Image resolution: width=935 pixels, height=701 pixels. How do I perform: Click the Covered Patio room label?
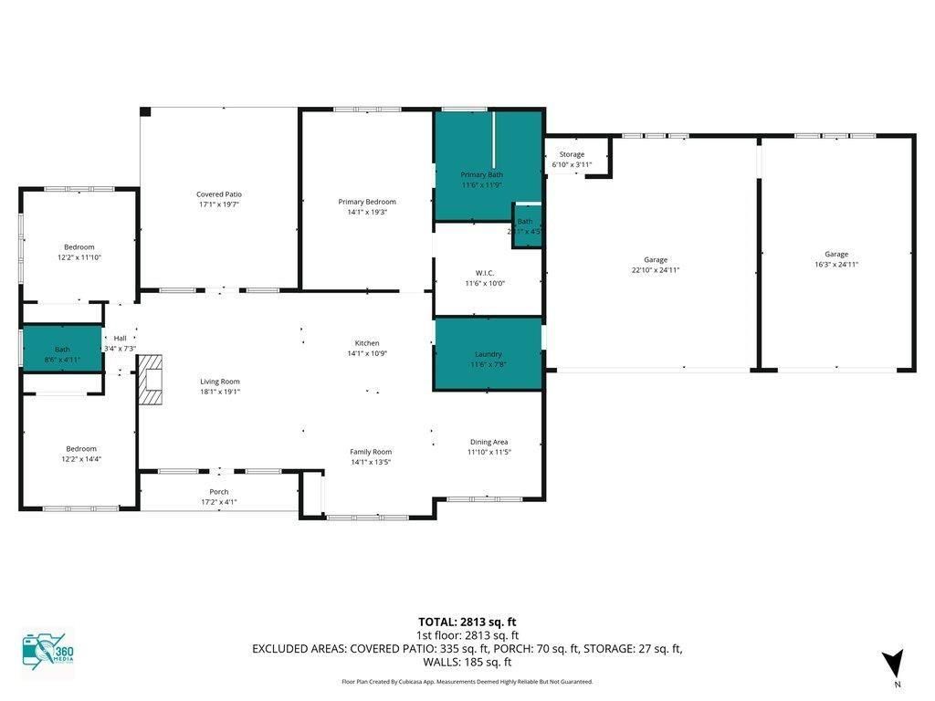[x=219, y=194]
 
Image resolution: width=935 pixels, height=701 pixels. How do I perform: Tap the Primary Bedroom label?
[x=367, y=202]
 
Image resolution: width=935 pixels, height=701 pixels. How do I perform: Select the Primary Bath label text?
[x=481, y=174]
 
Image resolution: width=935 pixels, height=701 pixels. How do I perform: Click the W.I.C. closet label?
[x=485, y=272]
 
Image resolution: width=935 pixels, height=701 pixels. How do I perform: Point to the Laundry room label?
[x=488, y=354]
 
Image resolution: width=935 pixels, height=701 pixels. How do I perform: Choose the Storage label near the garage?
[x=572, y=154]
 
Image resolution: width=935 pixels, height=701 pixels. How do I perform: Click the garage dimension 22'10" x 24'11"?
[x=655, y=270]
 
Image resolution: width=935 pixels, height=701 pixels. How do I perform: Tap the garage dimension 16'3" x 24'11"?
[x=836, y=265]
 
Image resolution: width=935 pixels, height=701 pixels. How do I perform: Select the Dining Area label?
[x=489, y=442]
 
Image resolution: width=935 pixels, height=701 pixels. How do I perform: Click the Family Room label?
[x=371, y=452]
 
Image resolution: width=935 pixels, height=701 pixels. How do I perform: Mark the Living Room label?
[x=220, y=382]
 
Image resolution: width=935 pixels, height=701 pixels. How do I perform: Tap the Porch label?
[x=219, y=492]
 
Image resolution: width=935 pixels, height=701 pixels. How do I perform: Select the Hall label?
[x=120, y=337]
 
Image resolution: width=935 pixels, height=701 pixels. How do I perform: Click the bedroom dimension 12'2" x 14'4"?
[x=81, y=459]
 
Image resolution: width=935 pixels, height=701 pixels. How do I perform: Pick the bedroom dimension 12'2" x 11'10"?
[x=79, y=257]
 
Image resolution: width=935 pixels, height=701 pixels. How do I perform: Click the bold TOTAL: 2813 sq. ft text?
[x=467, y=622]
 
